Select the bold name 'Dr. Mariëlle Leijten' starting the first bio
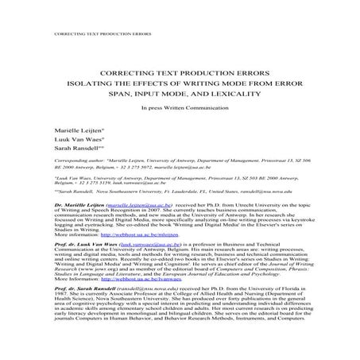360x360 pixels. pyautogui.click(x=75, y=203)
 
